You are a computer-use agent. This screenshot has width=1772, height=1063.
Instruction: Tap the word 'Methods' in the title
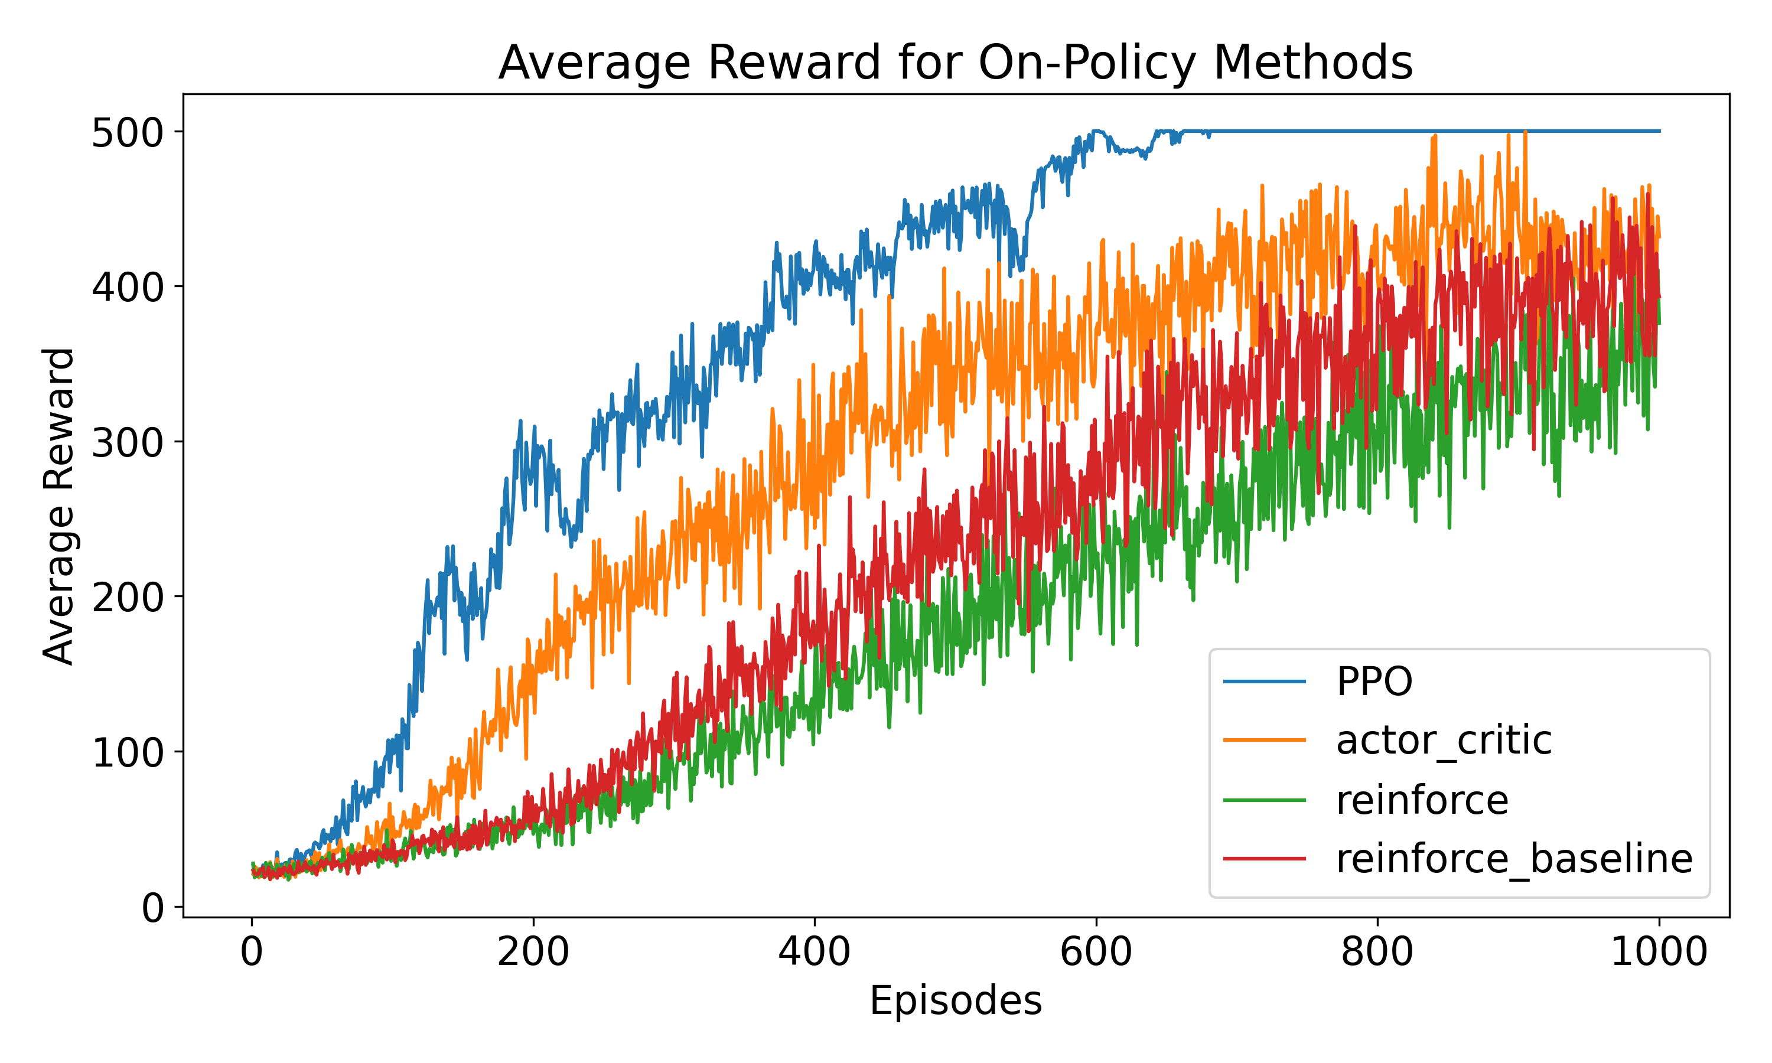(x=1312, y=63)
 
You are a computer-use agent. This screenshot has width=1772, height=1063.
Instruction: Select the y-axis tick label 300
(x=128, y=444)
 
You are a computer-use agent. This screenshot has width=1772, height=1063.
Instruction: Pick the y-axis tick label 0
(x=152, y=908)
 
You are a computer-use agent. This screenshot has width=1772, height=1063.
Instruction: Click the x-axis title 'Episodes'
(x=956, y=1000)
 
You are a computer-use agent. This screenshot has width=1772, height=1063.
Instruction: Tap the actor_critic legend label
(x=1443, y=740)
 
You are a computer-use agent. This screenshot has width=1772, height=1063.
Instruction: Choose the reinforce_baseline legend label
(x=1513, y=858)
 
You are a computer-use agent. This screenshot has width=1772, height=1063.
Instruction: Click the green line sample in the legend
(x=1264, y=800)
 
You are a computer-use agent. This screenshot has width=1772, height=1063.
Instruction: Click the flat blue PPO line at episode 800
(x=1377, y=131)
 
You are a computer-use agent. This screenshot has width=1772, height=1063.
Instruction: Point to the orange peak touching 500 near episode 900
(x=1525, y=133)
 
